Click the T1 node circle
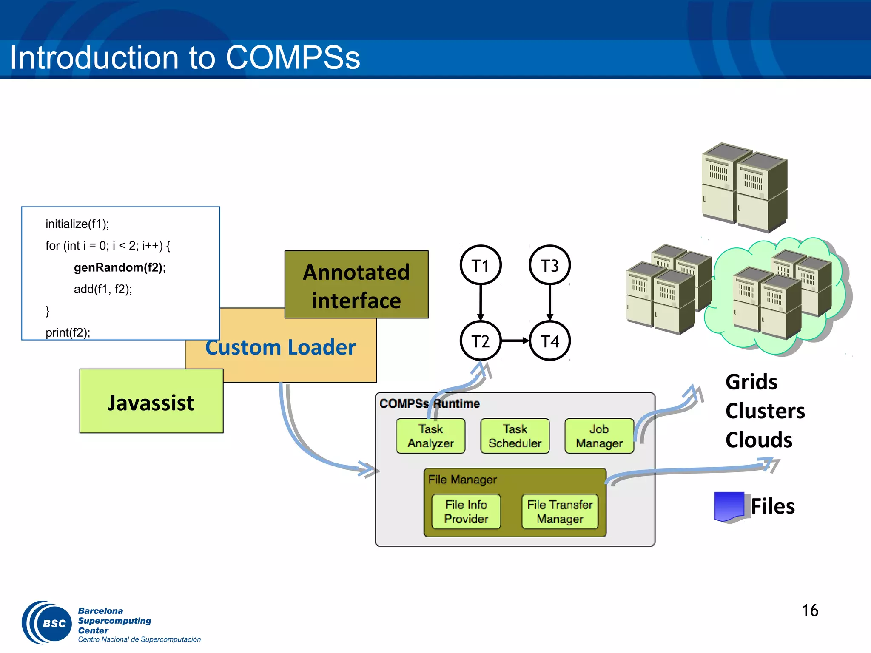click(481, 265)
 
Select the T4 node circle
click(549, 341)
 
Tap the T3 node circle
click(549, 265)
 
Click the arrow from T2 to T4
click(515, 341)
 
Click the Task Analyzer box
click(430, 436)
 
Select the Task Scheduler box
click(515, 436)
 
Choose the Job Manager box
click(599, 436)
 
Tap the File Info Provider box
click(466, 511)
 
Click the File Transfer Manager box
click(560, 511)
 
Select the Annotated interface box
click(356, 285)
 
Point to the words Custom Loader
click(281, 347)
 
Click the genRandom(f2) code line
click(120, 267)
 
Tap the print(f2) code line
click(68, 332)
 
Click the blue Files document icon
click(729, 506)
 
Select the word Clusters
click(765, 411)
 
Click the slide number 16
click(810, 610)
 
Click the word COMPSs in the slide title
click(293, 58)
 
